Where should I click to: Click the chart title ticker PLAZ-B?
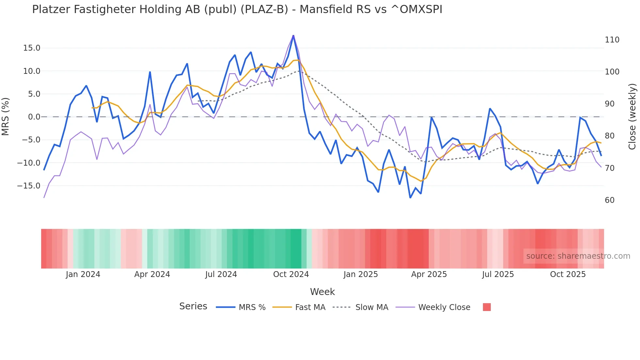[264, 9]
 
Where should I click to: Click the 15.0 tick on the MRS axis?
[32, 48]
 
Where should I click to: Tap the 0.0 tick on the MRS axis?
[34, 117]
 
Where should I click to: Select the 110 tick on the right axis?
[612, 40]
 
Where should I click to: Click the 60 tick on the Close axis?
[610, 200]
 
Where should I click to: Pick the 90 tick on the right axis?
[610, 104]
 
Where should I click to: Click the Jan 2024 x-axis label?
[83, 274]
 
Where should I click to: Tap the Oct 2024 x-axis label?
[291, 274]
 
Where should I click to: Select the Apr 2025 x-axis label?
[429, 274]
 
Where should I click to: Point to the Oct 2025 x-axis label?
[568, 274]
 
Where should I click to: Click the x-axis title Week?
[322, 292]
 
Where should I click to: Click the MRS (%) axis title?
[6, 117]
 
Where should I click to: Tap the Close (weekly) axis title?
[632, 117]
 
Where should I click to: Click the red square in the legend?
[487, 307]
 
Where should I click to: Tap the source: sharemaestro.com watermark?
[578, 256]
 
